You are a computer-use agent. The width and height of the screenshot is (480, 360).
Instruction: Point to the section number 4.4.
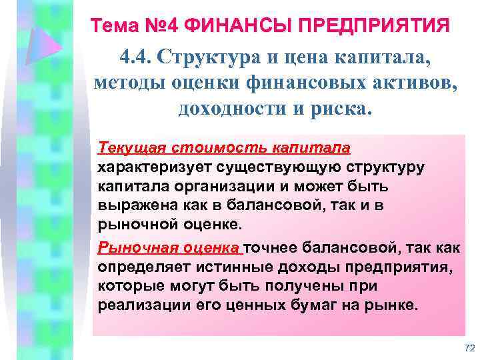coord(138,58)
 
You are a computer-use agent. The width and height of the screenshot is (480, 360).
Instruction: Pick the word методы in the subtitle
coord(125,83)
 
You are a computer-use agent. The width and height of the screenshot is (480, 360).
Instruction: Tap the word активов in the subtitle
coord(409,83)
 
